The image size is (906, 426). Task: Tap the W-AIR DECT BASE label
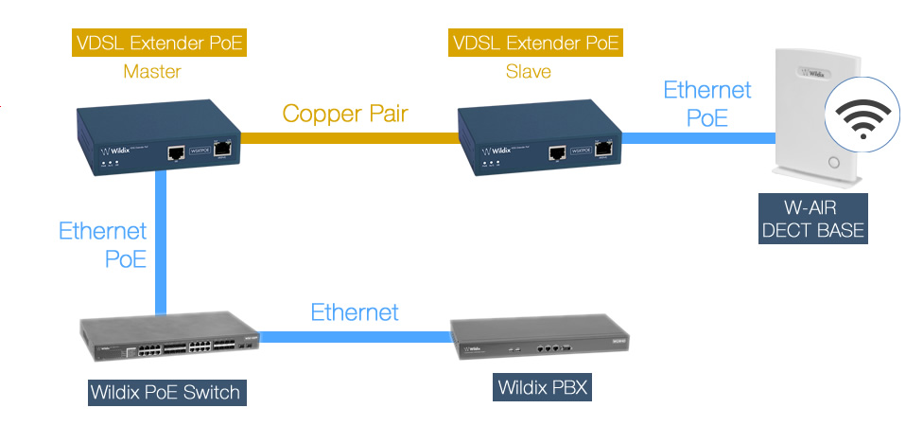click(812, 220)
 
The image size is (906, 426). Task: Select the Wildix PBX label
click(543, 386)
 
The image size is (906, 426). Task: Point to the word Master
click(152, 71)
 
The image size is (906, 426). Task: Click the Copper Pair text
click(345, 115)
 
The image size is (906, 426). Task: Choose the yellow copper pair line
click(350, 139)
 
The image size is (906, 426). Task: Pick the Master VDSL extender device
click(158, 142)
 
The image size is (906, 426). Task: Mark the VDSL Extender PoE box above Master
click(158, 42)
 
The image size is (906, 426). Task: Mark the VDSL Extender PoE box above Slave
click(536, 42)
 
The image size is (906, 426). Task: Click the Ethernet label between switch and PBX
click(355, 311)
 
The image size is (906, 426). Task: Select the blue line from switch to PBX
click(355, 334)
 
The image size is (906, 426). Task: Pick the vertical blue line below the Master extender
click(159, 246)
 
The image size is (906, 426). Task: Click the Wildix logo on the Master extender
click(115, 150)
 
